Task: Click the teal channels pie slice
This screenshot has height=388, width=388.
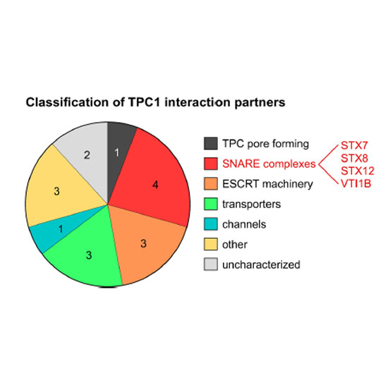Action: (59, 229)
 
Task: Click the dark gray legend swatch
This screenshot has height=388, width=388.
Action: (211, 143)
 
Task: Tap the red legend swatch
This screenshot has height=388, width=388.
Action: (211, 164)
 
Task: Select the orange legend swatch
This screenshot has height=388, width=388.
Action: (211, 183)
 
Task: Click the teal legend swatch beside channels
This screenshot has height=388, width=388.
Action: (211, 224)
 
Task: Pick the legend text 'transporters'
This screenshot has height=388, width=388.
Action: (251, 204)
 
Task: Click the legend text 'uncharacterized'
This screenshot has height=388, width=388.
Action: (261, 265)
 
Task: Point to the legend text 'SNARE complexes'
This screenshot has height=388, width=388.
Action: (269, 164)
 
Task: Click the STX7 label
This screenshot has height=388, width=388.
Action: (354, 145)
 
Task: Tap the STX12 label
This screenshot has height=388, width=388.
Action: (358, 171)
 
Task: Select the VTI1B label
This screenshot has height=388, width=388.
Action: (356, 183)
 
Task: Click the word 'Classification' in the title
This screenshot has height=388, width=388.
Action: (67, 102)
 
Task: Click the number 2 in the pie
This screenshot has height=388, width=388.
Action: (87, 155)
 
